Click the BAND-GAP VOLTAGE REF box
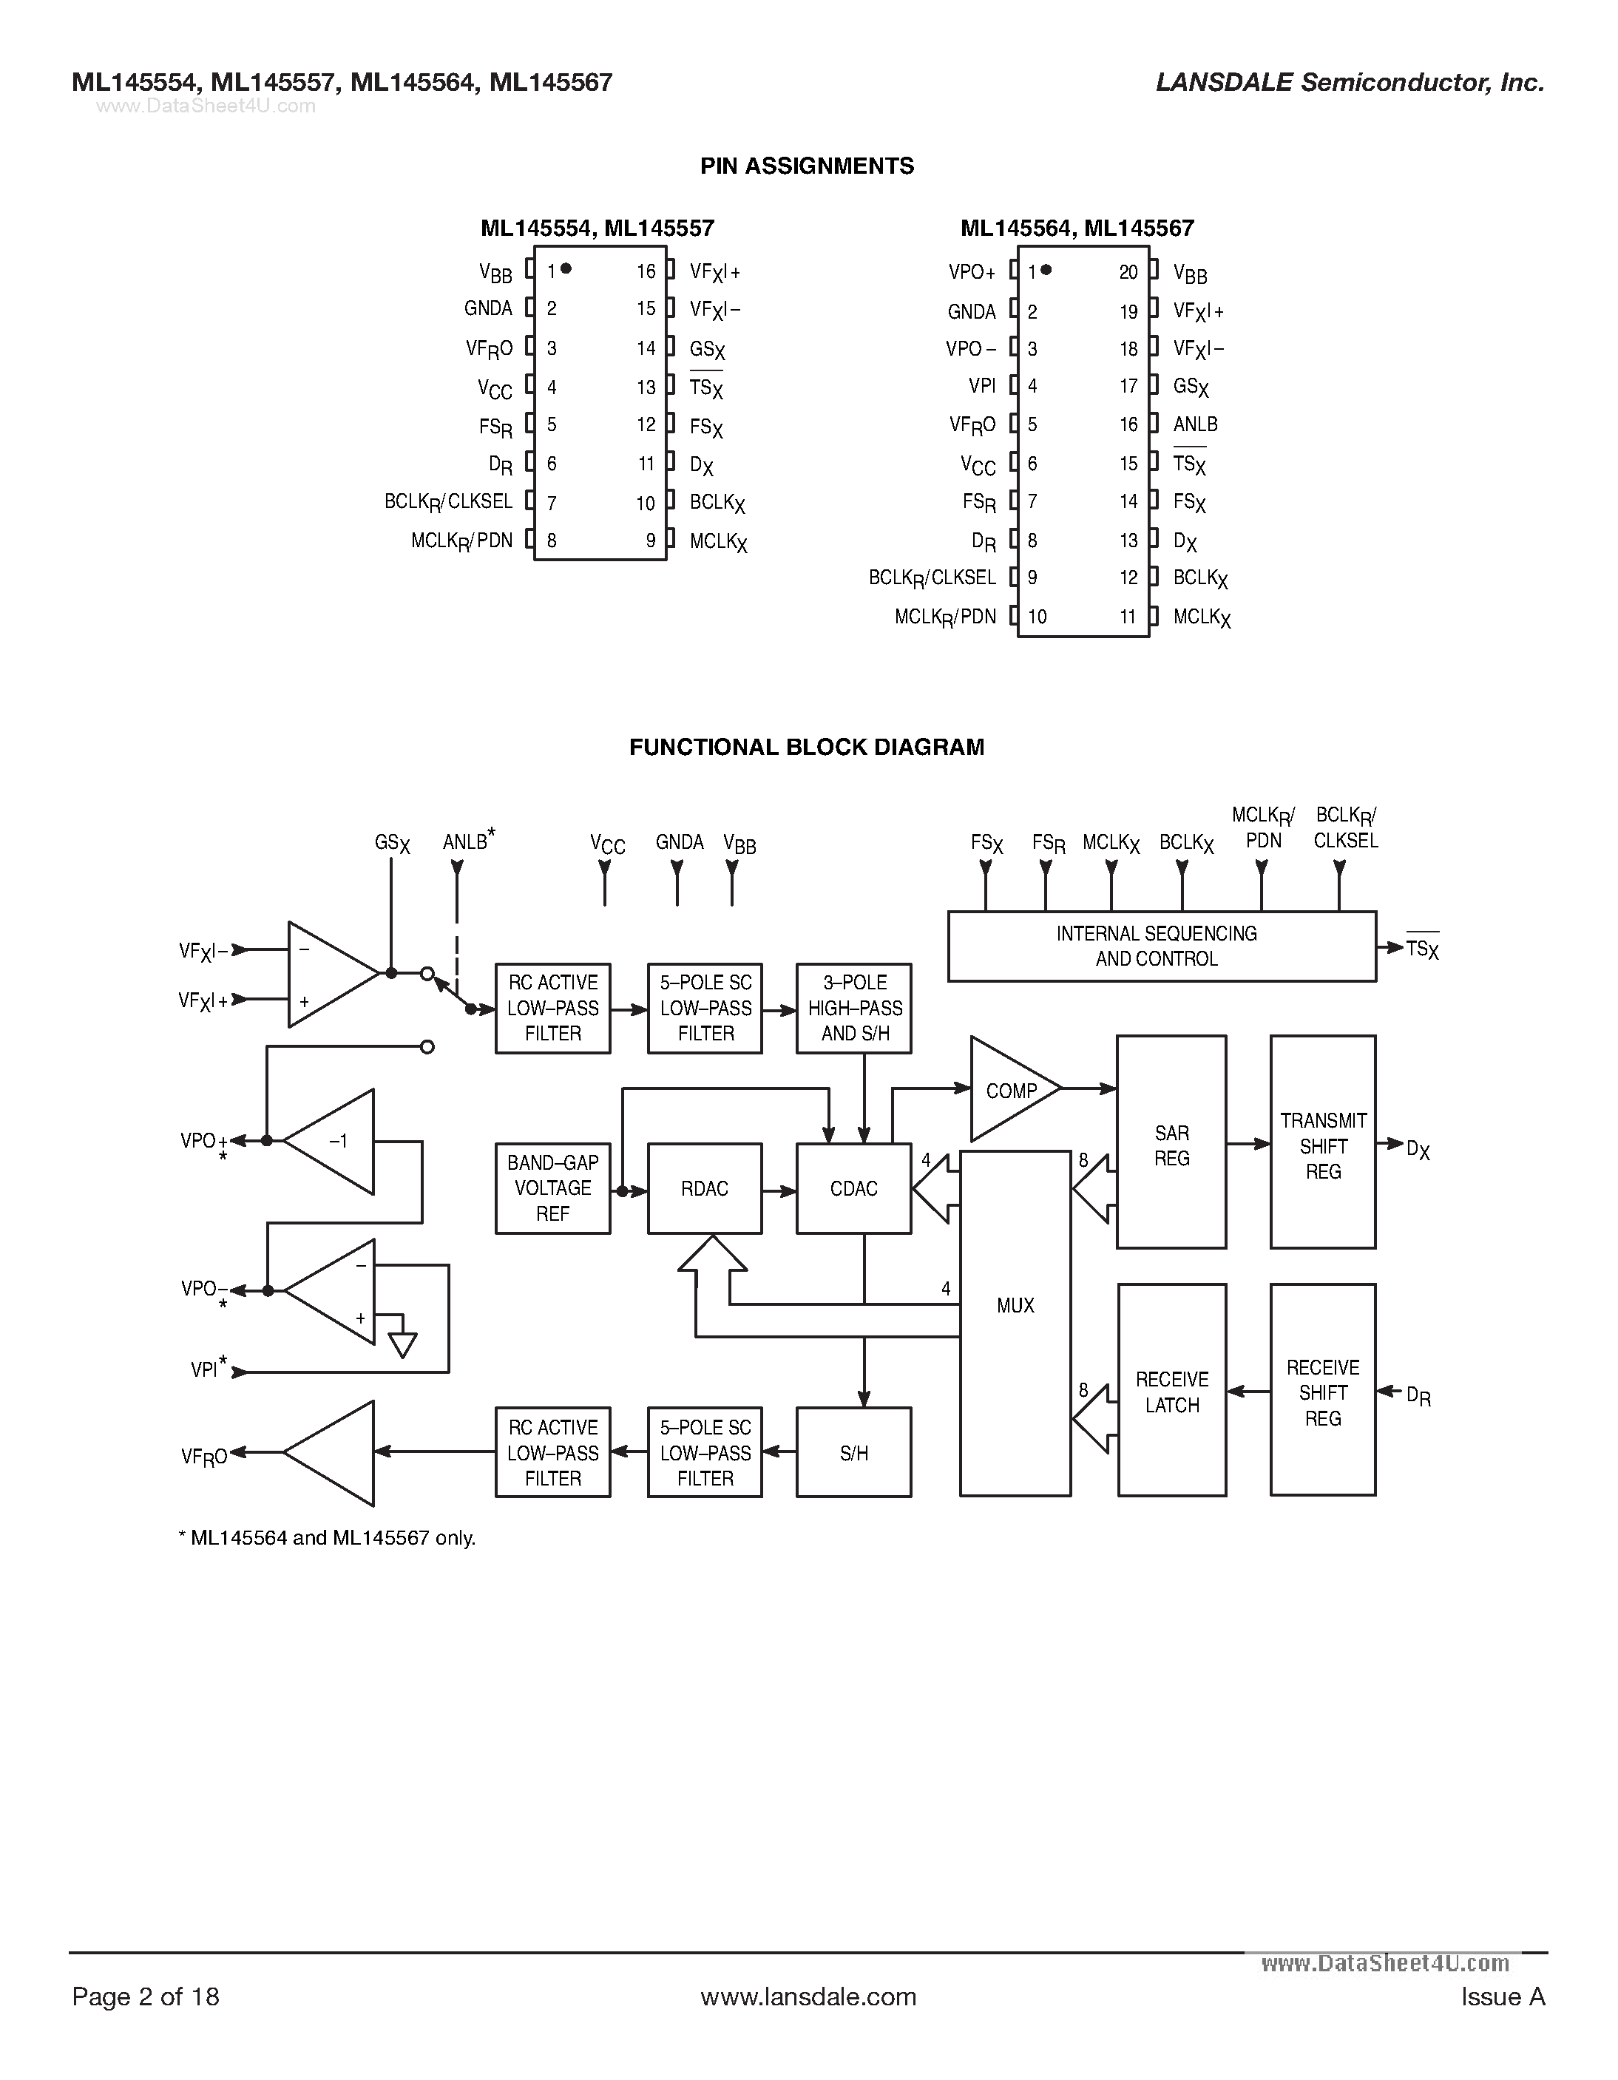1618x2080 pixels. click(x=552, y=1188)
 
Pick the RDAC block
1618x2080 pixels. click(x=705, y=1188)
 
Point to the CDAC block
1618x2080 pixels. click(x=853, y=1188)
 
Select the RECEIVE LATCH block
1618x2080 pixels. click(x=1171, y=1390)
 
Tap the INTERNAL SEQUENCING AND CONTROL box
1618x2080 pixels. click(x=1162, y=946)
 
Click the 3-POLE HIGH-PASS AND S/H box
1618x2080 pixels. click(x=854, y=1008)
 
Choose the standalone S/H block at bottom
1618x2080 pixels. click(x=853, y=1453)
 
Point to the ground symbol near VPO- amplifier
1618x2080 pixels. click(x=403, y=1344)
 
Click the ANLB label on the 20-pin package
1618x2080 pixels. click(x=1195, y=424)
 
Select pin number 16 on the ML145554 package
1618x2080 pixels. click(x=646, y=272)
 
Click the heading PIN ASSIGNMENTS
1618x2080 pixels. click(x=807, y=166)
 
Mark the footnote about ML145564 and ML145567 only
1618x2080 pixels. click(x=327, y=1538)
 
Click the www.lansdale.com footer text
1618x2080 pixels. click(x=808, y=1996)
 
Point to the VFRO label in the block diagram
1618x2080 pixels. click(x=205, y=1456)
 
